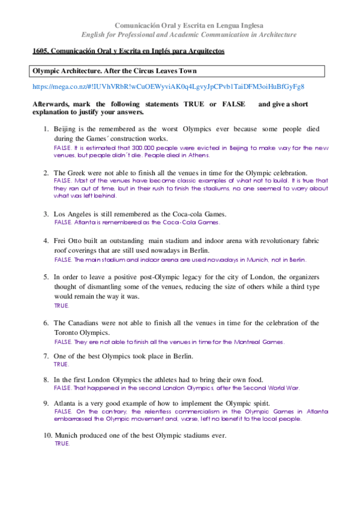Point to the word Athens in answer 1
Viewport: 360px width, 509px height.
(197, 155)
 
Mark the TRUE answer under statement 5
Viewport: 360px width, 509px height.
(62, 306)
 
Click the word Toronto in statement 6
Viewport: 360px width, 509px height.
(68, 332)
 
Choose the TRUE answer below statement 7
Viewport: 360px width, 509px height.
(62, 364)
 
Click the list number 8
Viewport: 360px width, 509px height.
(46, 380)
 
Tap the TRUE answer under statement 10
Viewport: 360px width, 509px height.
(62, 444)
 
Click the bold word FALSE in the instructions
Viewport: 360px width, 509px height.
(233, 104)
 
